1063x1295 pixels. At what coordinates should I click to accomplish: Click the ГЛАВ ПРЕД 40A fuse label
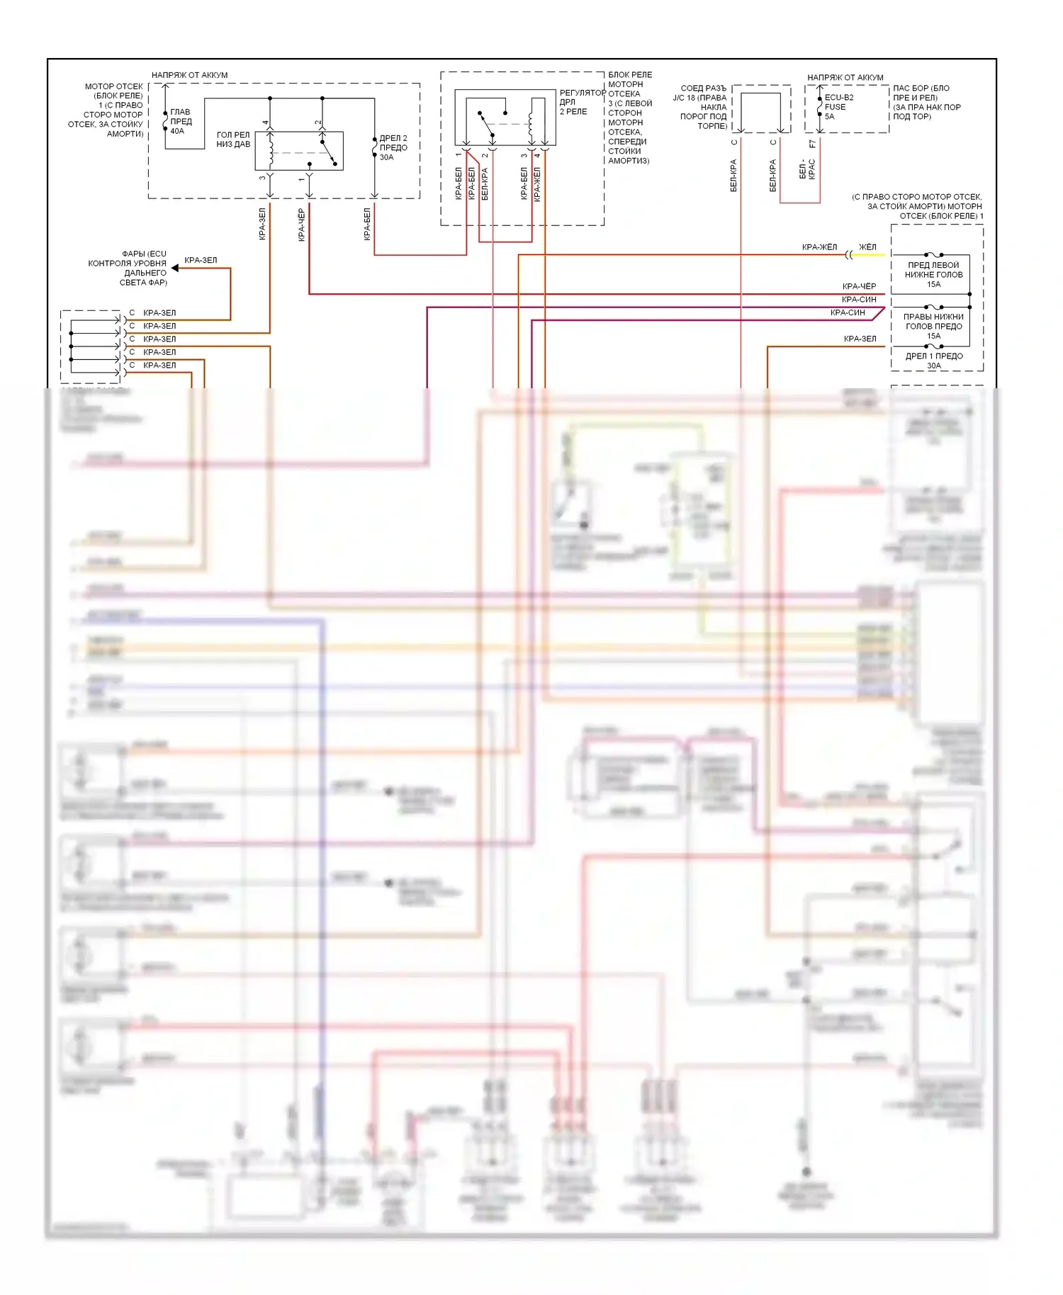pyautogui.click(x=180, y=121)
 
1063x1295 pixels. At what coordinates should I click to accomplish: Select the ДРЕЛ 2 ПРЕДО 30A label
pyautogui.click(x=393, y=147)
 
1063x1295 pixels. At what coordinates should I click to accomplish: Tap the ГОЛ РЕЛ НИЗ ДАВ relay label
pyautogui.click(x=233, y=140)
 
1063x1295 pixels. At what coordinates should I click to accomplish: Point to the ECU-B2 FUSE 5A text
pyautogui.click(x=838, y=107)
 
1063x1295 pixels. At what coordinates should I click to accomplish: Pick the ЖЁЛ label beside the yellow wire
pyautogui.click(x=867, y=247)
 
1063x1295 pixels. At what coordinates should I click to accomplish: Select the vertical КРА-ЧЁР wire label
pyautogui.click(x=301, y=225)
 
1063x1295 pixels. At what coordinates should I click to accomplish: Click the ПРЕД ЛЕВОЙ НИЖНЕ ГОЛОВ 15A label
pyautogui.click(x=933, y=275)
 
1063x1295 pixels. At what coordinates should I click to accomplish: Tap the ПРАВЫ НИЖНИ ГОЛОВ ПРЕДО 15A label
pyautogui.click(x=933, y=327)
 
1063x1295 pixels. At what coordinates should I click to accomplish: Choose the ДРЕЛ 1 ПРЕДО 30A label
pyautogui.click(x=933, y=361)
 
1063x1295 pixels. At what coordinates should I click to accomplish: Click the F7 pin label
pyautogui.click(x=813, y=144)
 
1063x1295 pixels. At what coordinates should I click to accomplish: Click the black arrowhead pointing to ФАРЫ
pyautogui.click(x=175, y=268)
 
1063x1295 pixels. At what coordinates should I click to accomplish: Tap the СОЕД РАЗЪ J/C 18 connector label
pyautogui.click(x=700, y=107)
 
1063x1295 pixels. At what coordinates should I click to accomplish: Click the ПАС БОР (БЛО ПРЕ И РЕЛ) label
pyautogui.click(x=926, y=102)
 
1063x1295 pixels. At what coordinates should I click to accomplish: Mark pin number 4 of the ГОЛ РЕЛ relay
pyautogui.click(x=266, y=123)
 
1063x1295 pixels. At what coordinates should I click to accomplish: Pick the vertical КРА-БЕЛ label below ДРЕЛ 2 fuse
pyautogui.click(x=367, y=224)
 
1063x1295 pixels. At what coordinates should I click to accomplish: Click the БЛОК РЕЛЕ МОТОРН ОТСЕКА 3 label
pyautogui.click(x=629, y=118)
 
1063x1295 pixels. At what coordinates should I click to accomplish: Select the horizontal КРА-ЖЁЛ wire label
pyautogui.click(x=819, y=247)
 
